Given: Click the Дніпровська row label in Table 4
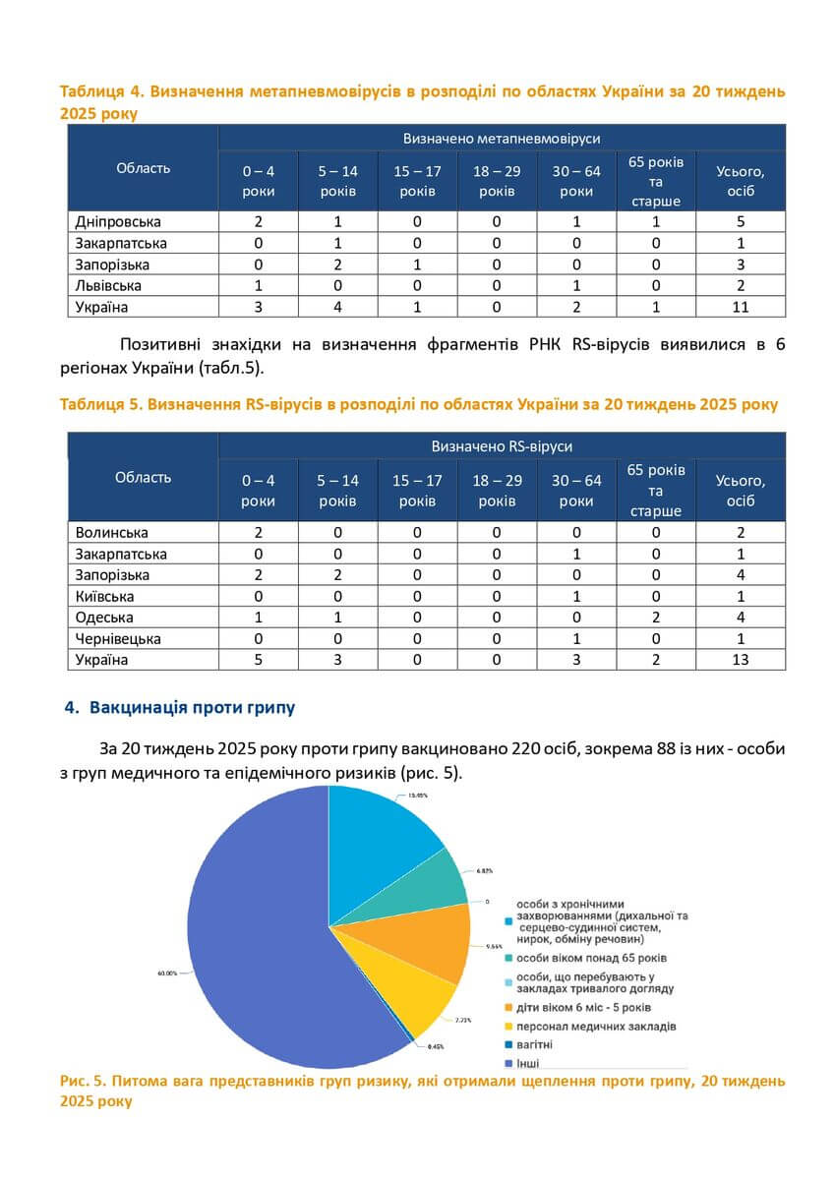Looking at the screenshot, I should [118, 221].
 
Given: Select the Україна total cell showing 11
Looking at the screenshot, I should [741, 307].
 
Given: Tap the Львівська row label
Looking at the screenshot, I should [108, 285].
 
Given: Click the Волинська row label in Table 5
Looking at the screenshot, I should [111, 532].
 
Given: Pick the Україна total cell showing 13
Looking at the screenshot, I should [741, 660].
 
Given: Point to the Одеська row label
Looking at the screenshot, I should [104, 618].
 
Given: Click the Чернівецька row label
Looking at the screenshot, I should [118, 639].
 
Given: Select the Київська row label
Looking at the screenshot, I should [104, 596].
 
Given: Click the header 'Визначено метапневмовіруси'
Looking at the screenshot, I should [502, 138].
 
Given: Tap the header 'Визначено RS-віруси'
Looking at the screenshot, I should [502, 446].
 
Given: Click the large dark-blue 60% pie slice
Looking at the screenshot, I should [256, 944].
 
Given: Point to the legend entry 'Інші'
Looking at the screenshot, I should [527, 1063].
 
